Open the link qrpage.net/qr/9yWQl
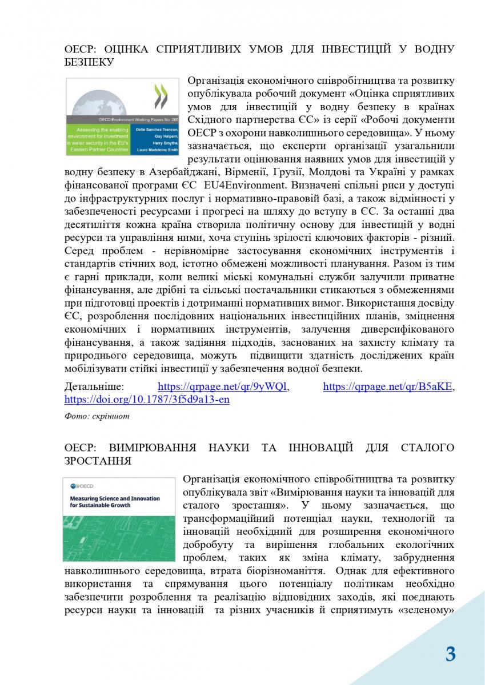[223, 386]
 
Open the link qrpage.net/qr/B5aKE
[388, 386]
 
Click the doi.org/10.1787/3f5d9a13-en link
[147, 400]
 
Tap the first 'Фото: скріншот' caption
[97, 416]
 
